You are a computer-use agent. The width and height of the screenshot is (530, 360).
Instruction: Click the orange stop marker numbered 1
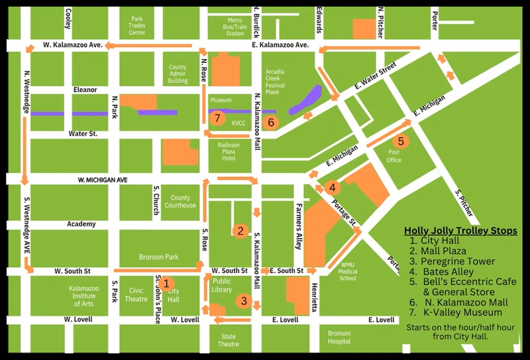166,283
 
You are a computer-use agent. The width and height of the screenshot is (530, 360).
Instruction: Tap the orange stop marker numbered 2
240,231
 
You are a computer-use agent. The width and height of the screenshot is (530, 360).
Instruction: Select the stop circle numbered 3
244,301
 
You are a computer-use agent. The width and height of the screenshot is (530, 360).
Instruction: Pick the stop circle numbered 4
333,188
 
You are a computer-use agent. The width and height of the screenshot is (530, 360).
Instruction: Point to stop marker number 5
400,141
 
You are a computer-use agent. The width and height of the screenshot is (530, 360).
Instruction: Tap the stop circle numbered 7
217,119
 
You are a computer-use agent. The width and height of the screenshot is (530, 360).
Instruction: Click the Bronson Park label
156,257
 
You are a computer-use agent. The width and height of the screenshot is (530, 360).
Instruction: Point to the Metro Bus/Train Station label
235,27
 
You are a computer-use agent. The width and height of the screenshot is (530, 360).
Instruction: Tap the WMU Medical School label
347,272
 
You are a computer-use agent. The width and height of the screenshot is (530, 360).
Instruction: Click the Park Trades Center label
137,26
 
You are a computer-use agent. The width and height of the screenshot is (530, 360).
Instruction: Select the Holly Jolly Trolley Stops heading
461,231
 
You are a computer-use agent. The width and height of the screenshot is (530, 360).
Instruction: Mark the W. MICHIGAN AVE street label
103,180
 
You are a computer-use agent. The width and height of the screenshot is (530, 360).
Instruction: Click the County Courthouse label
180,202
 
